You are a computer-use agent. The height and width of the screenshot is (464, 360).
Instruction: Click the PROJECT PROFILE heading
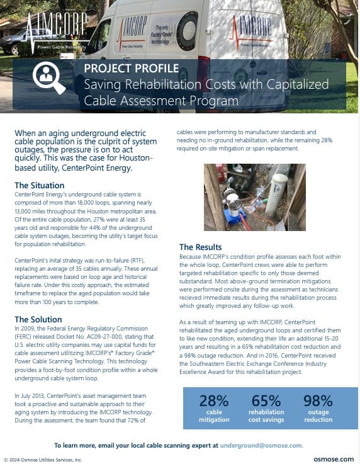coord(131,69)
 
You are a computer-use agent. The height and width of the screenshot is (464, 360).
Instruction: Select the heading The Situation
coord(39,185)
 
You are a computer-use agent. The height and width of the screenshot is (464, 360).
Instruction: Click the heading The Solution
coord(38,319)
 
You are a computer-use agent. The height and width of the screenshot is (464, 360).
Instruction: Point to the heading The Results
coord(200,247)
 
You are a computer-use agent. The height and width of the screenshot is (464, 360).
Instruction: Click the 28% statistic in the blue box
coord(213,400)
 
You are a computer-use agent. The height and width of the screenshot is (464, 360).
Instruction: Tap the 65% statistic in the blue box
coord(266,400)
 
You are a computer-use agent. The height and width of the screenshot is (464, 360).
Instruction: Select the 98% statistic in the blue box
coord(318,400)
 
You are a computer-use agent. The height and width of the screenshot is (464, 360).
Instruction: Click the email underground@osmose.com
coord(261,444)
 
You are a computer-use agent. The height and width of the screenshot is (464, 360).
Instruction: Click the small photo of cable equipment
coord(254,197)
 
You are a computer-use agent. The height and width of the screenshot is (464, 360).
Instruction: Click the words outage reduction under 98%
coord(318,416)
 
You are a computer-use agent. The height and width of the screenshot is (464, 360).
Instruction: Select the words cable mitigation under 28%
coord(213,416)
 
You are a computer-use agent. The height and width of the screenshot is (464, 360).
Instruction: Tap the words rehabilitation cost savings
coord(266,416)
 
